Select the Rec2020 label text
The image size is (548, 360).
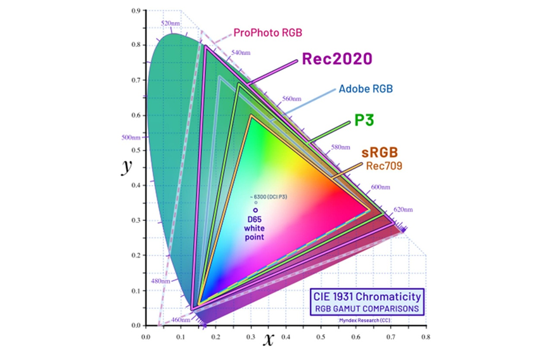pos(336,59)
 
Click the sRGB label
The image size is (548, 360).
pos(379,153)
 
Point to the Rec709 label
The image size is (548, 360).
pos(382,165)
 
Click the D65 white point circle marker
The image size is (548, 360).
pos(255,210)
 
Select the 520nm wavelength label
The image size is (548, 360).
pos(170,23)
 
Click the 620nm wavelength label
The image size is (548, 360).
pos(402,209)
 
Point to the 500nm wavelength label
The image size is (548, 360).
pos(131,137)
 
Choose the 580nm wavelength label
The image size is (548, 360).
pos(340,148)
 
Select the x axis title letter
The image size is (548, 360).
pos(269,340)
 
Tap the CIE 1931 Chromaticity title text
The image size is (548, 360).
pos(366,296)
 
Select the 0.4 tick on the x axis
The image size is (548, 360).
pos(286,337)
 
